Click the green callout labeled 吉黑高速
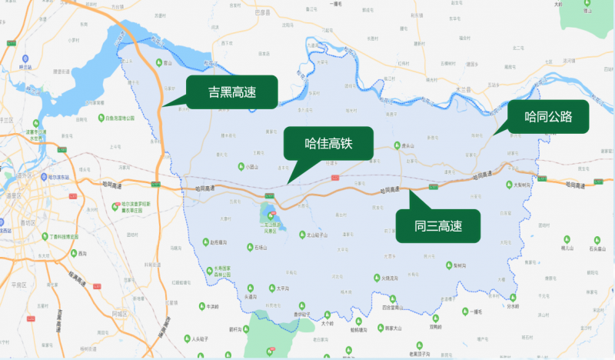pyautogui.click(x=231, y=92)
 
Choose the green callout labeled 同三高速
pyautogui.click(x=437, y=225)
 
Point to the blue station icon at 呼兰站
pyautogui.click(x=26, y=58)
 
